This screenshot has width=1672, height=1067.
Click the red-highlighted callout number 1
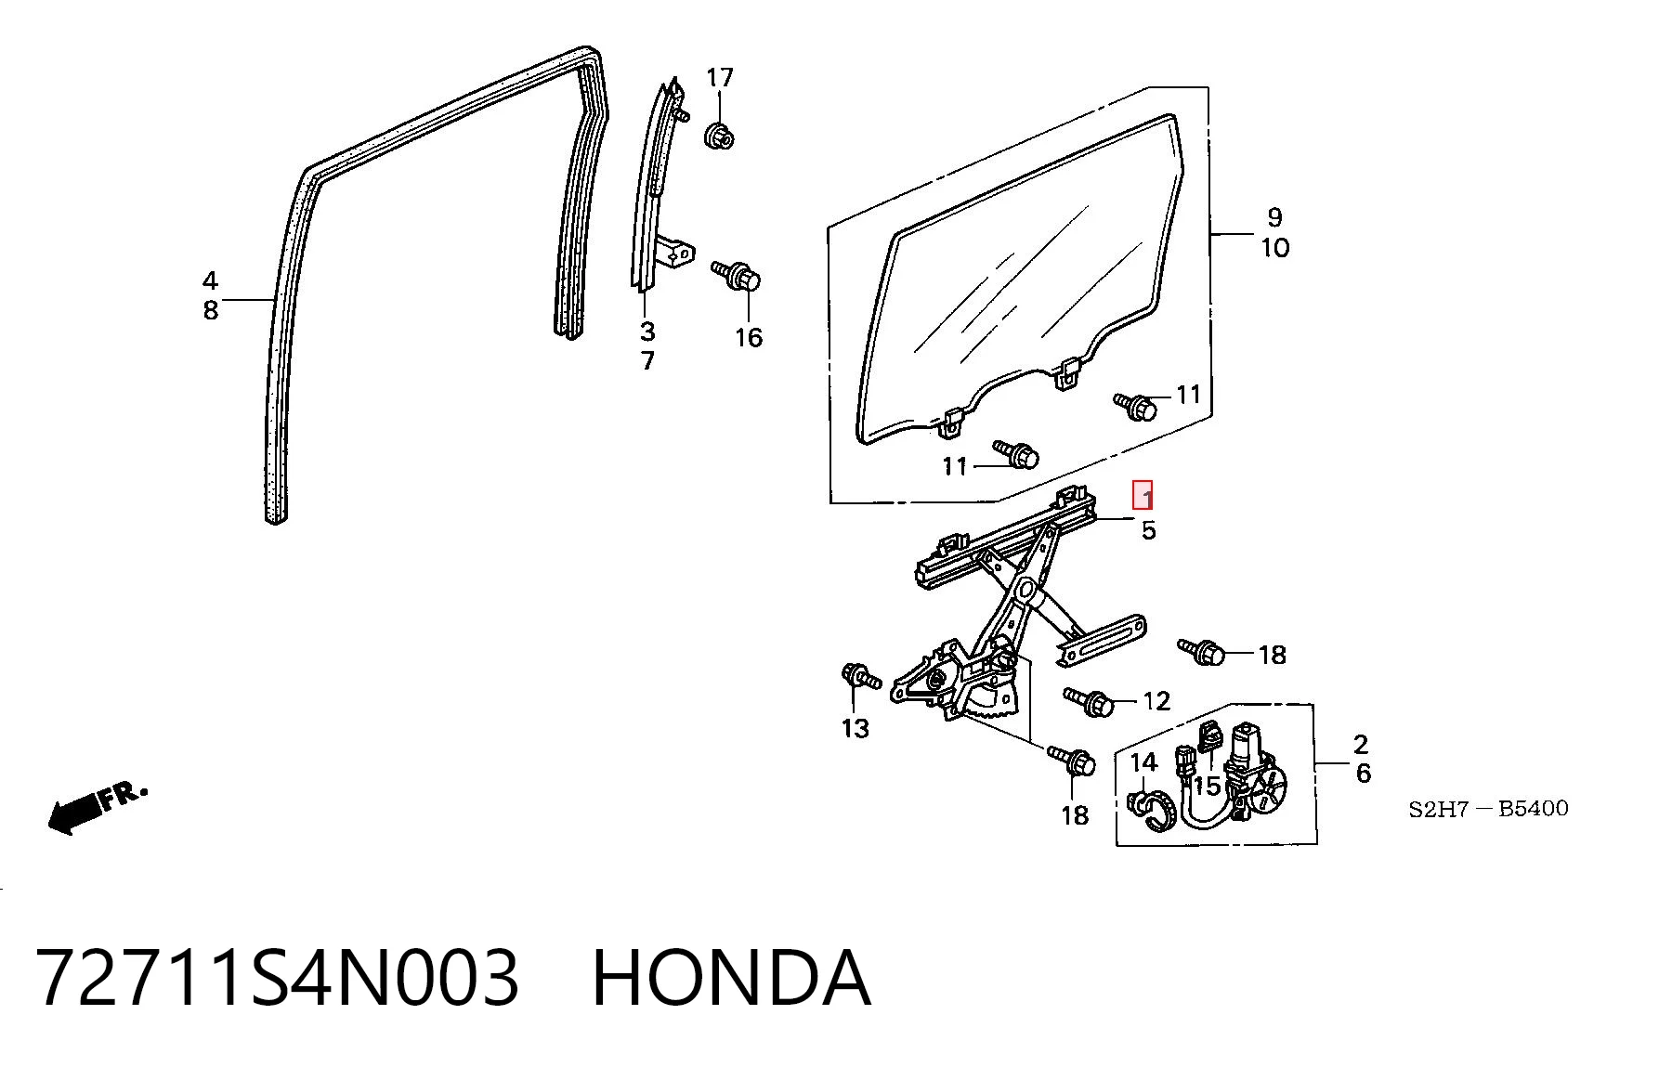[1143, 496]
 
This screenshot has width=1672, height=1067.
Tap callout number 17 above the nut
[720, 78]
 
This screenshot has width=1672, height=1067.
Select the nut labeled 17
[719, 136]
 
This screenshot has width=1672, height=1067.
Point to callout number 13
[856, 728]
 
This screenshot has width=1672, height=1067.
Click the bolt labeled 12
[1090, 701]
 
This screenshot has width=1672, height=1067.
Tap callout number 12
[1156, 700]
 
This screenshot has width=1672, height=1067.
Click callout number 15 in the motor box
[1207, 786]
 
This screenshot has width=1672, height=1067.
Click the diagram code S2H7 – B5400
[1488, 809]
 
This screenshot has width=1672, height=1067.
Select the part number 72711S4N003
[277, 978]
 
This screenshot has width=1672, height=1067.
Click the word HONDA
[731, 978]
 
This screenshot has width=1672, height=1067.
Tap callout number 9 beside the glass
[1274, 217]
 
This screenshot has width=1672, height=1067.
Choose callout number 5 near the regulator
[1149, 530]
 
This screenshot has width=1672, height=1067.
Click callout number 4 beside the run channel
[211, 280]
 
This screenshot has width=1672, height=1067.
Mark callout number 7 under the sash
[647, 360]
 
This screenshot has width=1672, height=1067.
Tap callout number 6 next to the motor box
[1363, 773]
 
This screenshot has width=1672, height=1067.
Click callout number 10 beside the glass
[1275, 248]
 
